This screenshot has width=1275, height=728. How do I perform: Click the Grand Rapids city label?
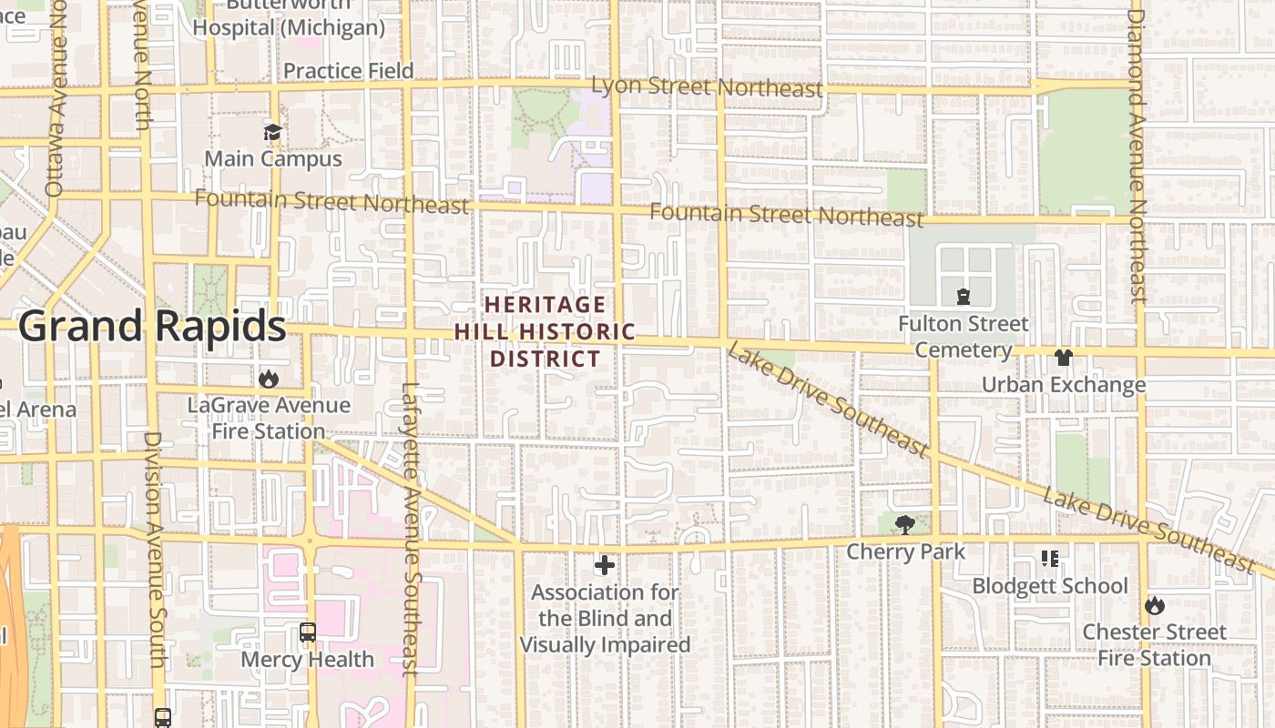click(x=152, y=326)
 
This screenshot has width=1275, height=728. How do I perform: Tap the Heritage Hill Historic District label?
click(x=545, y=331)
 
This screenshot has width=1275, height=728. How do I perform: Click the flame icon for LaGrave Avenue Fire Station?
click(x=269, y=379)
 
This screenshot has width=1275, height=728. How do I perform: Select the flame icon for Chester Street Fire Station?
click(x=1154, y=605)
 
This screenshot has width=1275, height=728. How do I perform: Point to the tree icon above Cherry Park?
click(x=904, y=524)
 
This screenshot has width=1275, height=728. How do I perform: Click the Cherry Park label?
click(x=905, y=551)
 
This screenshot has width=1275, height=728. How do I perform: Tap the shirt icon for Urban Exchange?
click(x=1063, y=358)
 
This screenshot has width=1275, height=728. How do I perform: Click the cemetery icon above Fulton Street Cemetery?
click(x=963, y=297)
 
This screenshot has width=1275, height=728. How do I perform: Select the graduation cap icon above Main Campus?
click(x=272, y=133)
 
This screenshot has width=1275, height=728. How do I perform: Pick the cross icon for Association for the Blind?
click(x=604, y=566)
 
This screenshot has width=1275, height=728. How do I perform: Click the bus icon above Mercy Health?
click(x=308, y=632)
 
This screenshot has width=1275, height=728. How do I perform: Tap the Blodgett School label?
click(x=1049, y=586)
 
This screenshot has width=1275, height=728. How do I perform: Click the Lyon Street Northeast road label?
click(x=707, y=87)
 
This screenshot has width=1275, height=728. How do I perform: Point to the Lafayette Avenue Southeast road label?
click(x=409, y=528)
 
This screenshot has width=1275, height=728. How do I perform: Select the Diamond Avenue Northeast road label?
click(x=1136, y=155)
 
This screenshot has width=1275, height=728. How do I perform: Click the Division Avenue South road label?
click(x=152, y=546)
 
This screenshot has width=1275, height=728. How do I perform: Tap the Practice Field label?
click(x=348, y=71)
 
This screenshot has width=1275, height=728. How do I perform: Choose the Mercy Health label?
click(x=307, y=660)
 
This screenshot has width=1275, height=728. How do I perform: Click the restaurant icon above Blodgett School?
click(x=1049, y=558)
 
